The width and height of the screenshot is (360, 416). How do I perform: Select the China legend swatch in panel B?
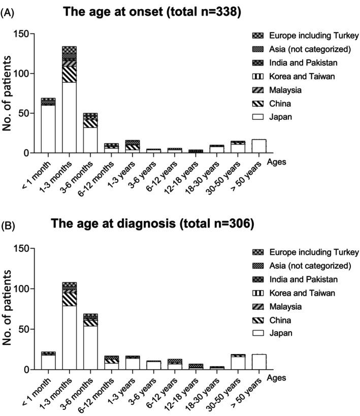point(257,320)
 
